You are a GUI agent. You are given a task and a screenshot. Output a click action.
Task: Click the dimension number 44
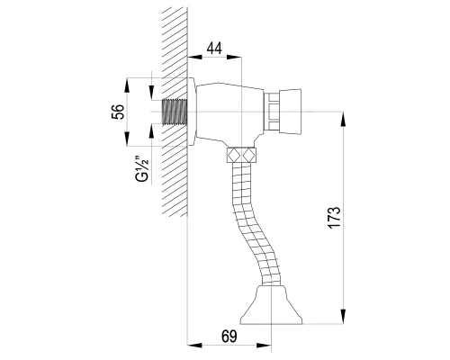214,48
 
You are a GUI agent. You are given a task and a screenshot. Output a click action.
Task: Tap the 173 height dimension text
335,218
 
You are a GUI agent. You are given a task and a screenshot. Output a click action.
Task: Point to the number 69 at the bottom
229,337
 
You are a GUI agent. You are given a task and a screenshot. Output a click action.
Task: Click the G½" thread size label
142,168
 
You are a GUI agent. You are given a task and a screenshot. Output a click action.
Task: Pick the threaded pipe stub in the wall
175,112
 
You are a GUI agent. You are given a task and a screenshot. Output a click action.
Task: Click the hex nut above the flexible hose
241,155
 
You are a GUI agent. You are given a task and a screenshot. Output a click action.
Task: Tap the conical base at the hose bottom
271,305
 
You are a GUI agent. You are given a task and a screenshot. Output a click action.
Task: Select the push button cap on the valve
291,112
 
